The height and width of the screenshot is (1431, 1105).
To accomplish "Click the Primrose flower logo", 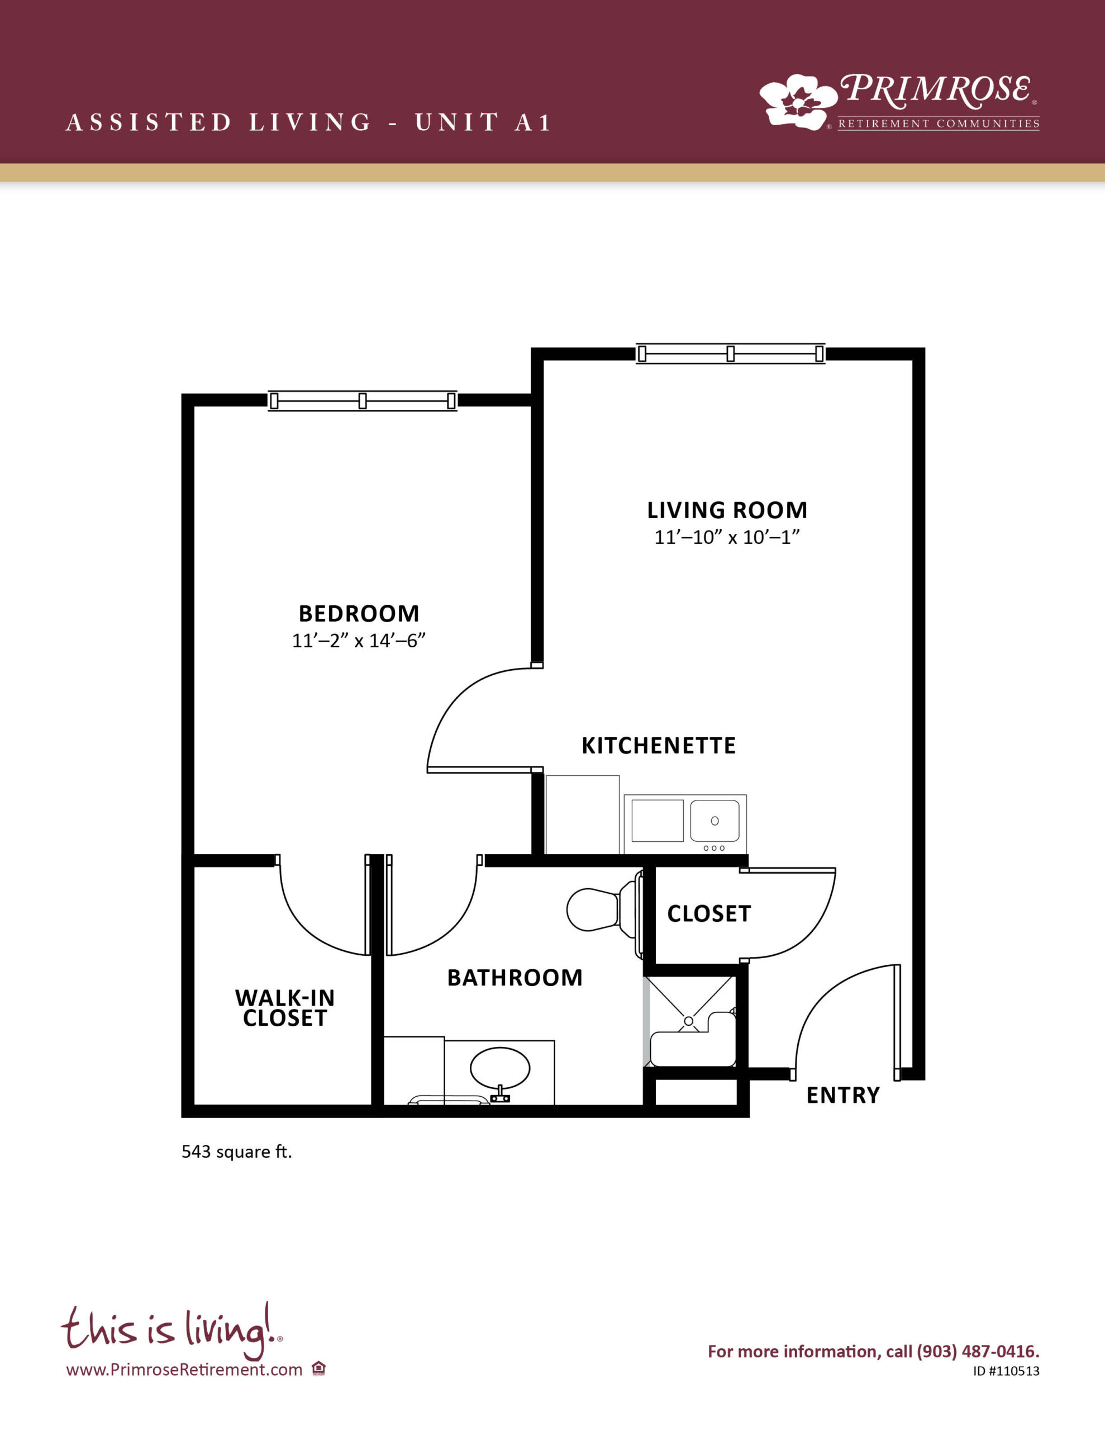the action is pos(798,102).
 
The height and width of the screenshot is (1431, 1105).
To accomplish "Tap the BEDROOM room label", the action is pos(359,614).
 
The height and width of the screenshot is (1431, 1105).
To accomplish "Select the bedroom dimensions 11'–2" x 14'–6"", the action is pos(359,641).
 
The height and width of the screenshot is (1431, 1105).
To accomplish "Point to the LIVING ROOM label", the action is pos(727,510).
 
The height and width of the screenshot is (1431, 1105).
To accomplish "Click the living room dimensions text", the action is pos(727,537).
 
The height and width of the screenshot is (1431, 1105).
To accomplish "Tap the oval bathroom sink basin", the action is pos(500,1068).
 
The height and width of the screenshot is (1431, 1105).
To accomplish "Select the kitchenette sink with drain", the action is pos(715,821).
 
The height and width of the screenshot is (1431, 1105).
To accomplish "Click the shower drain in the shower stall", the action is pos(688,1021).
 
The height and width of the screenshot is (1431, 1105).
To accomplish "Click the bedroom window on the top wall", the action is pos(363,401).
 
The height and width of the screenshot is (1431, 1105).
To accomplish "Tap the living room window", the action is pos(730,354).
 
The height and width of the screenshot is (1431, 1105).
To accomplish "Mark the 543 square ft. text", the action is pos(236,1152).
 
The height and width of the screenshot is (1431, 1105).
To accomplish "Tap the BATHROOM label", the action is pos(515,978).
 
